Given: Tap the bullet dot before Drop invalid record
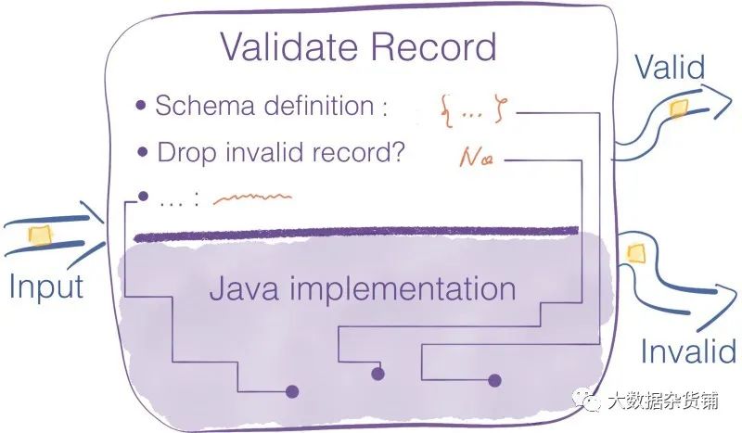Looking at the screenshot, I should (142, 151).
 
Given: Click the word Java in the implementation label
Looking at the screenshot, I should (244, 287).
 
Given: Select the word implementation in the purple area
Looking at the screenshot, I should (403, 289).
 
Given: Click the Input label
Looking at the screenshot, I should (46, 287).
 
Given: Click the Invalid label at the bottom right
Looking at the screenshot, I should (687, 351).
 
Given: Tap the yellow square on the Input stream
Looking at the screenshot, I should (39, 234).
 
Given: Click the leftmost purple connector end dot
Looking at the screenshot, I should (292, 391).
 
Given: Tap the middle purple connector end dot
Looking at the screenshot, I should (377, 375).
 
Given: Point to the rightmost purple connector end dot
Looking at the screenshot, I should (494, 379).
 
